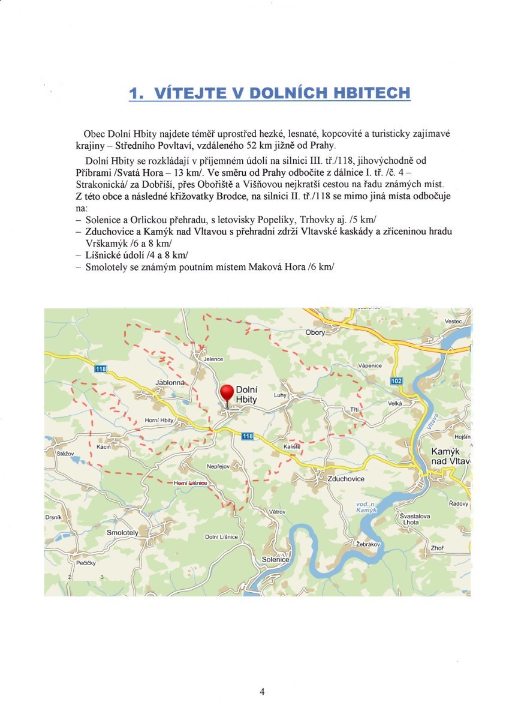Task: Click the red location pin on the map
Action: pos(227,394)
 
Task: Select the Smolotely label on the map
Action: pos(122,532)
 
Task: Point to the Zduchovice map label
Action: pos(346,479)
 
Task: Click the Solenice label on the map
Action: pos(276,559)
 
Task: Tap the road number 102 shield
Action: pos(396,381)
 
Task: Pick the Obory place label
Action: pos(315,332)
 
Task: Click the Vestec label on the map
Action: pos(454,322)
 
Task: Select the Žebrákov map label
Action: pos(369,544)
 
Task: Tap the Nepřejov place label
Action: pos(218,466)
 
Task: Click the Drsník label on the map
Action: pos(53,517)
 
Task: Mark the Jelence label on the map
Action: pos(213,359)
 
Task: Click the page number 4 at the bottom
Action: pos(262,691)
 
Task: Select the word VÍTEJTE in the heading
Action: pos(186,93)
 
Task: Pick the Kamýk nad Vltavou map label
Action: pos(451,456)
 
